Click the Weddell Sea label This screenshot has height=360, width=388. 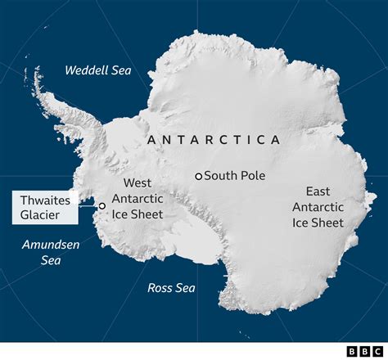click(x=97, y=70)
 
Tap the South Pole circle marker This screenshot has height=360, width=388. click(x=198, y=176)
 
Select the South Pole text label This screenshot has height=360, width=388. click(x=235, y=175)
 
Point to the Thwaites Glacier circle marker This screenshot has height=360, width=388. click(x=102, y=206)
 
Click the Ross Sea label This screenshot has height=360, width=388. click(x=170, y=287)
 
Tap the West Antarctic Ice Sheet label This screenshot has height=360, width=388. click(x=138, y=199)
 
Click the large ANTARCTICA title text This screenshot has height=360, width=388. click(x=214, y=140)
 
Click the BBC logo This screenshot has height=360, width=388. click(x=359, y=351)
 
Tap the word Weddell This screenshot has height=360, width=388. click(x=86, y=70)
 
